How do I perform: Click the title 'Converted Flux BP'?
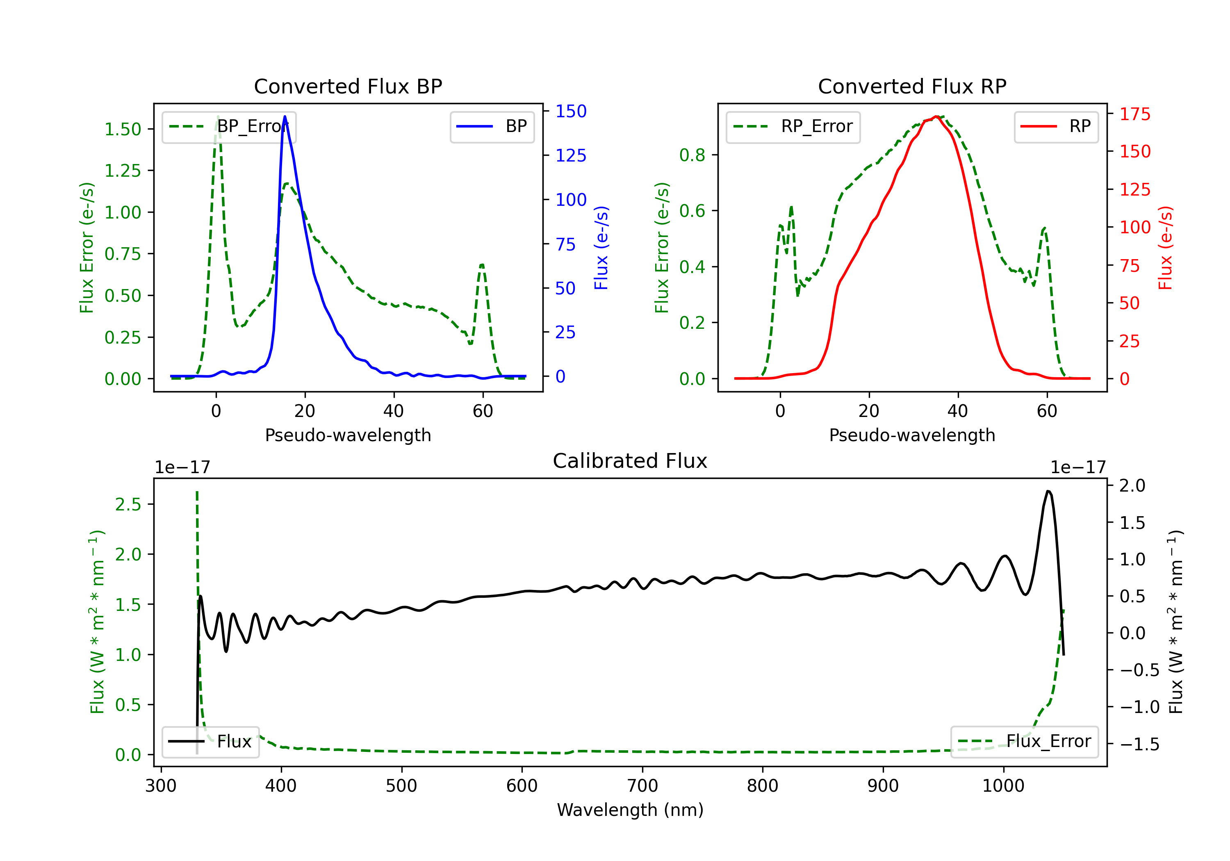(x=348, y=86)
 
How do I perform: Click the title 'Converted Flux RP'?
(x=912, y=86)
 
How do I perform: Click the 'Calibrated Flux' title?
(x=630, y=461)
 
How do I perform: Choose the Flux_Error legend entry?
(x=1024, y=742)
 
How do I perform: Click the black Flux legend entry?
(x=210, y=742)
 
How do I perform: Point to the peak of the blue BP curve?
(x=285, y=116)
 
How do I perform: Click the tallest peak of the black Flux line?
(x=1048, y=491)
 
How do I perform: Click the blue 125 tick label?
(x=571, y=155)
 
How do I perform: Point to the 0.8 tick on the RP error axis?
(x=692, y=155)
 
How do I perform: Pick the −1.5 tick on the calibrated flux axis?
(x=1139, y=744)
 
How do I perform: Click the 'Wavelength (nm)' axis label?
(x=630, y=810)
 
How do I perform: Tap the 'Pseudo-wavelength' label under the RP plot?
(x=912, y=435)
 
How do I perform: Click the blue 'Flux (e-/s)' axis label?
(x=601, y=248)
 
